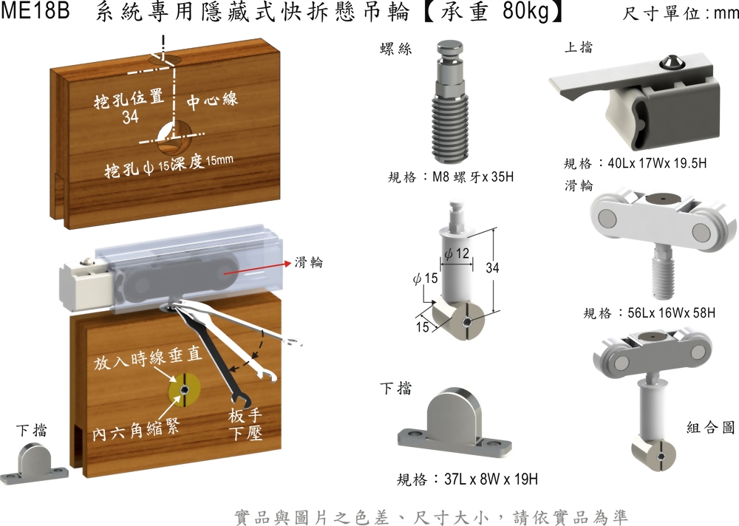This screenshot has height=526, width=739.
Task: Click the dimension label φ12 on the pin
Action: (457, 254)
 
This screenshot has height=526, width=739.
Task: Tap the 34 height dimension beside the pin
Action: (492, 268)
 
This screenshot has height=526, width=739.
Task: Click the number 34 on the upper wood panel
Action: (131, 117)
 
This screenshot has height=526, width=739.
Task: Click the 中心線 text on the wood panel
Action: (212, 99)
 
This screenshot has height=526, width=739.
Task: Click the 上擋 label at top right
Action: (579, 47)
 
